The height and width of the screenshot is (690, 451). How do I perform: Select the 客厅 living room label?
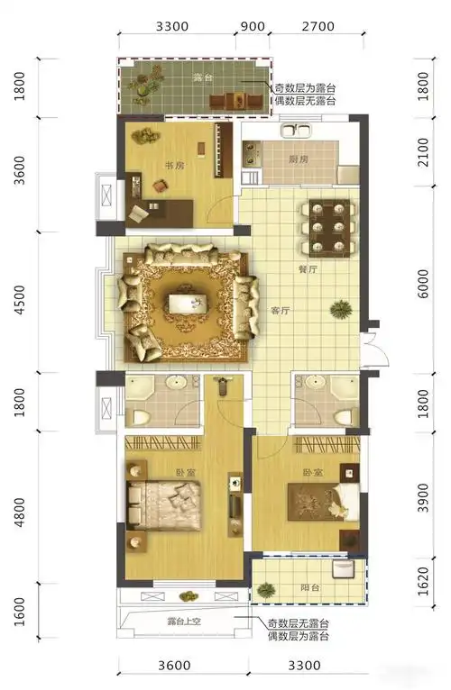(x=280, y=311)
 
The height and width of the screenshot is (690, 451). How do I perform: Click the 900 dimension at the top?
(x=253, y=26)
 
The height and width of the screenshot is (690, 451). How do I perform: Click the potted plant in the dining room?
(x=340, y=311)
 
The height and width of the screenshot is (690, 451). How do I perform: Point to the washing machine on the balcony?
(x=344, y=569)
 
